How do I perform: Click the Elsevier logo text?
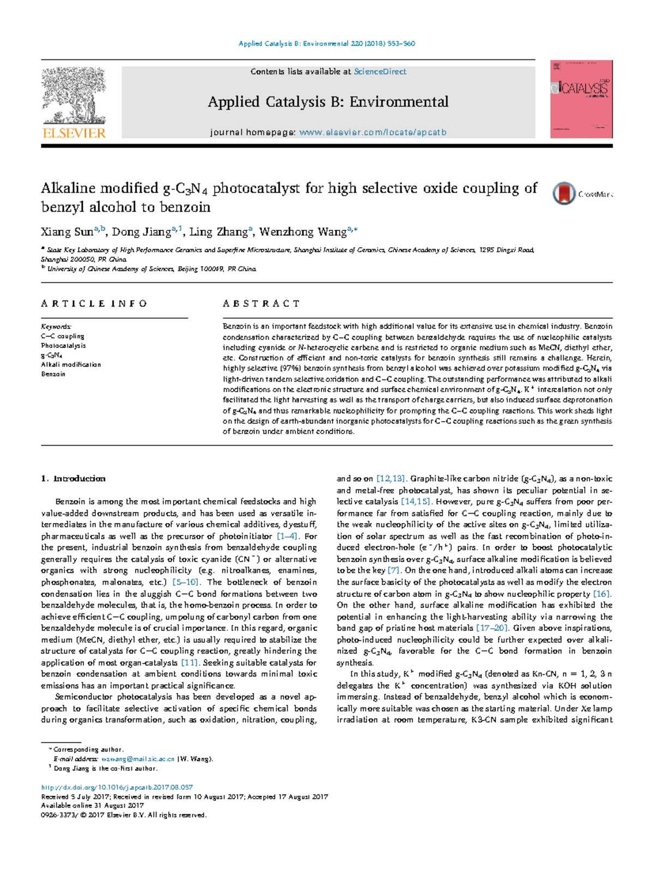(74, 132)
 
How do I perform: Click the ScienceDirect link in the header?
(380, 71)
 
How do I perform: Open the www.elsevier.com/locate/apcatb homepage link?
(373, 132)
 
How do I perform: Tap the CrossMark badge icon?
(564, 193)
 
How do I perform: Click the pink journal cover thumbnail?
(581, 100)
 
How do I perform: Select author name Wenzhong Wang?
(302, 232)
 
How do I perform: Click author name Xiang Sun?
(66, 232)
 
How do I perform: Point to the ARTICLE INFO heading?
(94, 303)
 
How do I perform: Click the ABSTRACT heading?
(261, 303)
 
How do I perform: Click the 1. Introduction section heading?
(74, 479)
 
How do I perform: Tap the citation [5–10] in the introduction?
(185, 582)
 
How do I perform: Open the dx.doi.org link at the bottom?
(117, 787)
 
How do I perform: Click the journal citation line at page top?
(327, 44)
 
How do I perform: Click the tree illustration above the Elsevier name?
(74, 95)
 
